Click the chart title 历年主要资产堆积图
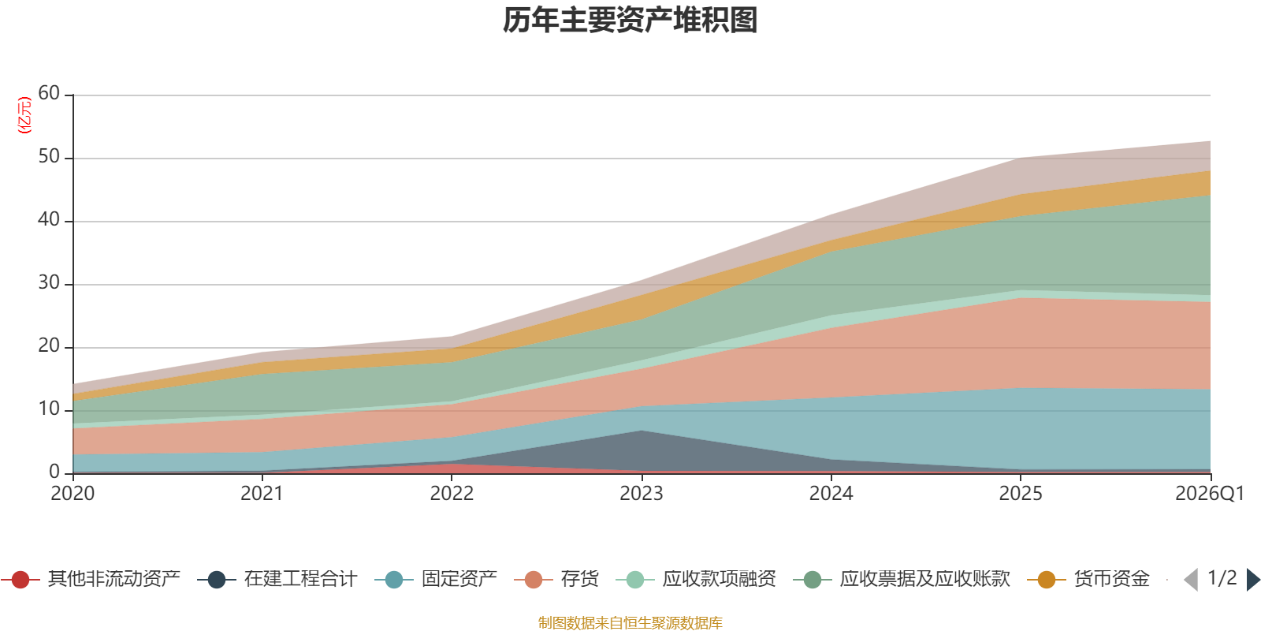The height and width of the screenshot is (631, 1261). pos(630,21)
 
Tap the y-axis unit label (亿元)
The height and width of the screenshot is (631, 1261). pos(24,115)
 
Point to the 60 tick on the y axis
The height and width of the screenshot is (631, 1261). pos(49,94)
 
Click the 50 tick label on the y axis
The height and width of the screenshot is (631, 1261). pos(49,157)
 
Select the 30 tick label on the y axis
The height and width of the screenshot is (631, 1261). pos(49,283)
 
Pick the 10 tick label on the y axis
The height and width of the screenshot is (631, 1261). pos(49,409)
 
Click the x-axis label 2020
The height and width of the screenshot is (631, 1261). pos(73,494)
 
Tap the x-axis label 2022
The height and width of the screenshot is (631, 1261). pos(452,494)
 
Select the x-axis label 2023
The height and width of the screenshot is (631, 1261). pos(641,494)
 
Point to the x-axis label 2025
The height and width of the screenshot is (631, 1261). pos(1021,494)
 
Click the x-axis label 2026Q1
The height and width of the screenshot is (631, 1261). pos(1209,494)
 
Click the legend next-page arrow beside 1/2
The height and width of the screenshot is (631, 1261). pos(1253,580)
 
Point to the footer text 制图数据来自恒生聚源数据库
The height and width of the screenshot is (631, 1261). pos(630,623)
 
